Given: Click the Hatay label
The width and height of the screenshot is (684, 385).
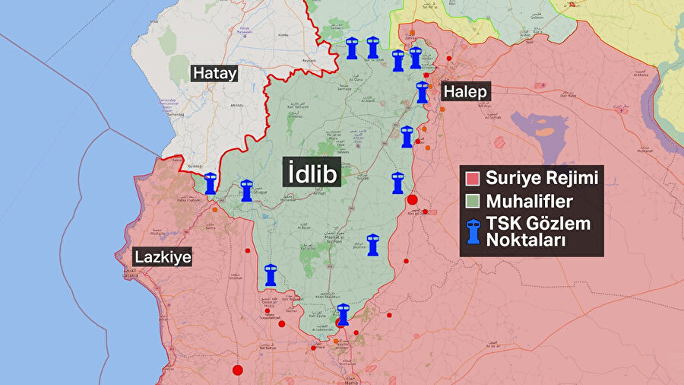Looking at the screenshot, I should [x=214, y=74].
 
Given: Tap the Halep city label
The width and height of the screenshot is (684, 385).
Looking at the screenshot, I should [x=465, y=91].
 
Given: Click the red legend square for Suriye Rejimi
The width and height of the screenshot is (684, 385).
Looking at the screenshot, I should [x=472, y=180].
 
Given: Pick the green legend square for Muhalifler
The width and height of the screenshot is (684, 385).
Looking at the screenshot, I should [x=472, y=202].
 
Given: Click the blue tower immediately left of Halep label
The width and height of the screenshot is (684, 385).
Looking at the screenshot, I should [x=423, y=92].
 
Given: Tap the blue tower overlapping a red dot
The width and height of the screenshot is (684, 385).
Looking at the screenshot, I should [x=343, y=315].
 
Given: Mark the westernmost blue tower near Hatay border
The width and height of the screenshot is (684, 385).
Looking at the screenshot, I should [x=211, y=184].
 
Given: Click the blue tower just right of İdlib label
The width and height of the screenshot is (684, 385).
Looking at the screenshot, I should [x=397, y=183].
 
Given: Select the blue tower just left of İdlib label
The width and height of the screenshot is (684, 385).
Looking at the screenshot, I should [x=245, y=190].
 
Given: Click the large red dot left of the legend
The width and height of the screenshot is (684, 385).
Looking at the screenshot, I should [x=412, y=200].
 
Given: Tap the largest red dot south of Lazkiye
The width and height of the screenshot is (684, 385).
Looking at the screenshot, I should [x=237, y=370].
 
